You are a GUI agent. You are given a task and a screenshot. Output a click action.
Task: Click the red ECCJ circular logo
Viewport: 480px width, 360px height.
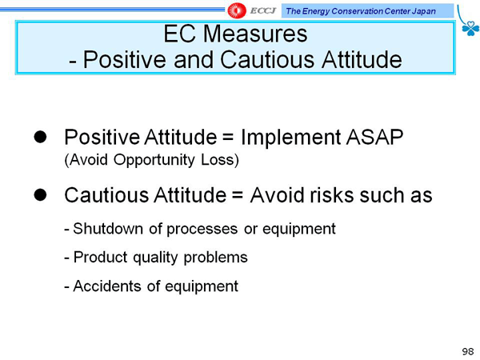(x=237, y=10)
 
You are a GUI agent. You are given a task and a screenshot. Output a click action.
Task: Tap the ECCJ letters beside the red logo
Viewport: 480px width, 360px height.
(x=263, y=11)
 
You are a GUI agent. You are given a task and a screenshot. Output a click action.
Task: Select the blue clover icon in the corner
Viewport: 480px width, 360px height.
(x=470, y=28)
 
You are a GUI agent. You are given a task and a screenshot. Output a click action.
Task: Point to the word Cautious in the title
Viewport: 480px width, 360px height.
(x=267, y=59)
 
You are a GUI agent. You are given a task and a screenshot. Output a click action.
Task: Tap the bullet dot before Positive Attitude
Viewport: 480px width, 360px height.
(x=40, y=137)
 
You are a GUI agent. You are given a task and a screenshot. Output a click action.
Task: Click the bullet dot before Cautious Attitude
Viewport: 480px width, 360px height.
(x=40, y=194)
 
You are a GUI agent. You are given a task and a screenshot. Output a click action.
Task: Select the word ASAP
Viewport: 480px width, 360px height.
(x=374, y=137)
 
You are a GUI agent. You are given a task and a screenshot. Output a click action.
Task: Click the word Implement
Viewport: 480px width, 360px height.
(x=291, y=138)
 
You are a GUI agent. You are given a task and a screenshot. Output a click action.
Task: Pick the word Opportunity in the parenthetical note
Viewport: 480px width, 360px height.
(x=154, y=160)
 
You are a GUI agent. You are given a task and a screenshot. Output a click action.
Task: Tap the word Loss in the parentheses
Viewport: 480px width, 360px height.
(x=220, y=160)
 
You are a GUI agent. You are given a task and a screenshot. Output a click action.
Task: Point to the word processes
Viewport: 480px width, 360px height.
(x=202, y=230)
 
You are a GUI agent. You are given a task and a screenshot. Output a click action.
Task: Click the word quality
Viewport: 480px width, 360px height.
(x=155, y=258)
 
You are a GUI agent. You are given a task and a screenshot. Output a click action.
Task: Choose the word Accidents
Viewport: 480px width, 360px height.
(x=107, y=286)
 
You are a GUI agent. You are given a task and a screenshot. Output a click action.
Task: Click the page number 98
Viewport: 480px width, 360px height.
(x=468, y=351)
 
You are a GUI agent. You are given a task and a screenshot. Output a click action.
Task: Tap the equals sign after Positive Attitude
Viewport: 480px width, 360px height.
(x=228, y=138)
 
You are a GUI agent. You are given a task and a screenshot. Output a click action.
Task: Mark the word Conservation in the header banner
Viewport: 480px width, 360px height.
(x=358, y=11)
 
